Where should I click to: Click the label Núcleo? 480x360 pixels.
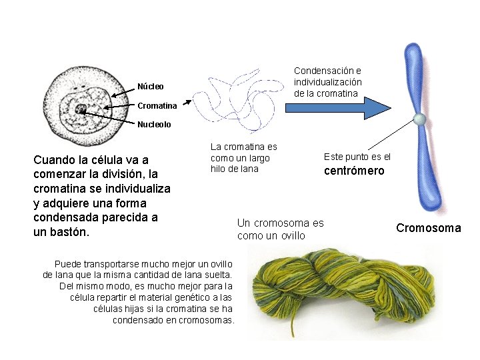(151, 87)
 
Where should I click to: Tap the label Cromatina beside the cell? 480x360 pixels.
(157, 105)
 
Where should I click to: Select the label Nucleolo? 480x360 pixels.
(154, 124)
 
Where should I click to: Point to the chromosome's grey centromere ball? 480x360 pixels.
(419, 119)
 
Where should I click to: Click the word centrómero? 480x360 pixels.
(354, 171)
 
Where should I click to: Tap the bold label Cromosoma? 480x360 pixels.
(428, 228)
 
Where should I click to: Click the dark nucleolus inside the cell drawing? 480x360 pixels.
(81, 109)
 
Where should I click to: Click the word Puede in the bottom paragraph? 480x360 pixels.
(68, 263)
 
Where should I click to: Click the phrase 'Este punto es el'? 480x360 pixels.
(357, 157)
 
